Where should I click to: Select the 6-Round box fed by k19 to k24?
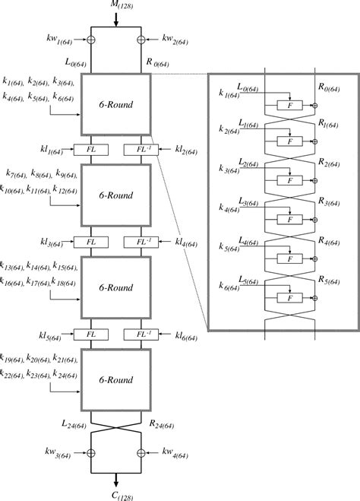tap(116, 379)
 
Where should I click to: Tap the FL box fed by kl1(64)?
tap(90, 150)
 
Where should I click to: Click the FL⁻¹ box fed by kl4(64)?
tap(141, 242)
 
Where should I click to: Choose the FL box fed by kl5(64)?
tap(90, 334)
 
